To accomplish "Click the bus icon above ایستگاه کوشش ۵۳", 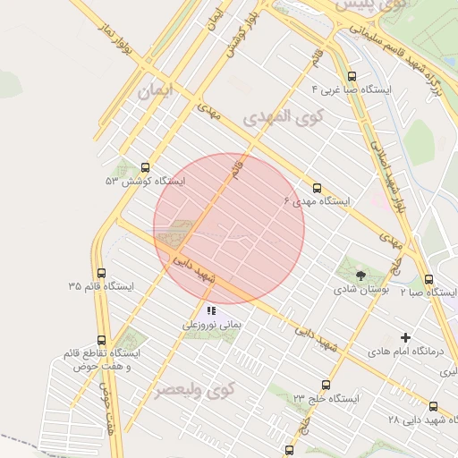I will pyautogui.click(x=146, y=166).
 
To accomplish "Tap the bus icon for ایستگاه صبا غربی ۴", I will pyautogui.click(x=352, y=77).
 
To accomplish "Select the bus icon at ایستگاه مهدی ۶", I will pyautogui.click(x=317, y=188).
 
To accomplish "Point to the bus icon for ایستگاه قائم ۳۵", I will pyautogui.click(x=100, y=273).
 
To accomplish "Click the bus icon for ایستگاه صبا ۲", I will pyautogui.click(x=428, y=279).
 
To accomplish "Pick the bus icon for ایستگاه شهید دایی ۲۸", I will pyautogui.click(x=433, y=406).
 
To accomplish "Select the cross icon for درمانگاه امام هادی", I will pyautogui.click(x=406, y=337).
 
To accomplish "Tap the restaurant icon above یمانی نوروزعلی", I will pyautogui.click(x=211, y=311).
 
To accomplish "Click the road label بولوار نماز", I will pyautogui.click(x=116, y=38).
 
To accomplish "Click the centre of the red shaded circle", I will pyautogui.click(x=229, y=229).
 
